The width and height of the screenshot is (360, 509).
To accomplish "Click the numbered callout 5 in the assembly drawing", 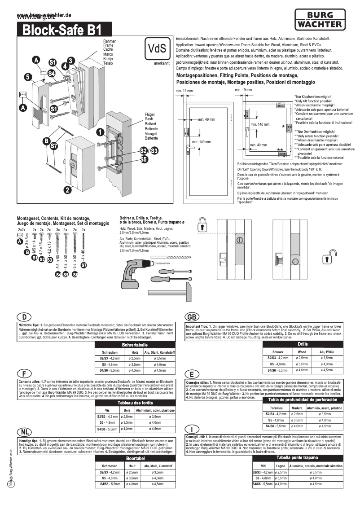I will click(28, 77).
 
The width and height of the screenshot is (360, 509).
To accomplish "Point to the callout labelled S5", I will click(144, 159).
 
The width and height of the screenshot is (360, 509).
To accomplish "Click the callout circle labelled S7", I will click(53, 145).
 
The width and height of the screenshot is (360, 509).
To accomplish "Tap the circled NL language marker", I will click(26, 431).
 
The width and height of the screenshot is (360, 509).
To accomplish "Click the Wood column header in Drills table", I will click(302, 352).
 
